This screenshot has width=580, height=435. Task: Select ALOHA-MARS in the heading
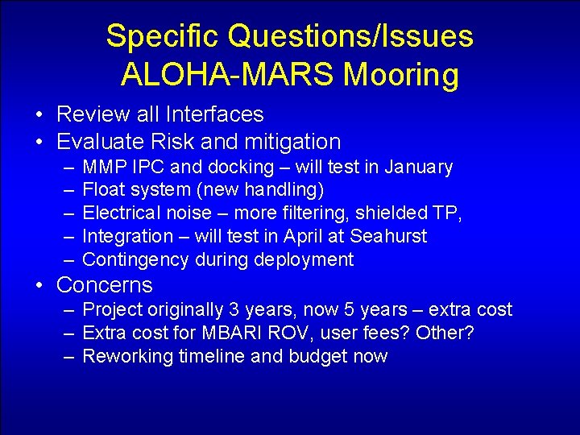[228, 75]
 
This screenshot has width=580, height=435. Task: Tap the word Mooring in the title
[401, 75]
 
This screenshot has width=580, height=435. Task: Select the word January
[419, 168]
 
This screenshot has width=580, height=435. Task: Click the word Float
[101, 191]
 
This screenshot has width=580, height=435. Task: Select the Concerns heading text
[104, 285]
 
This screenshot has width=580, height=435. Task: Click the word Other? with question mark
[445, 333]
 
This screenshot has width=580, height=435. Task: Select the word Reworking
[123, 356]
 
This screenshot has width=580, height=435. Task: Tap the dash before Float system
[67, 191]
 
